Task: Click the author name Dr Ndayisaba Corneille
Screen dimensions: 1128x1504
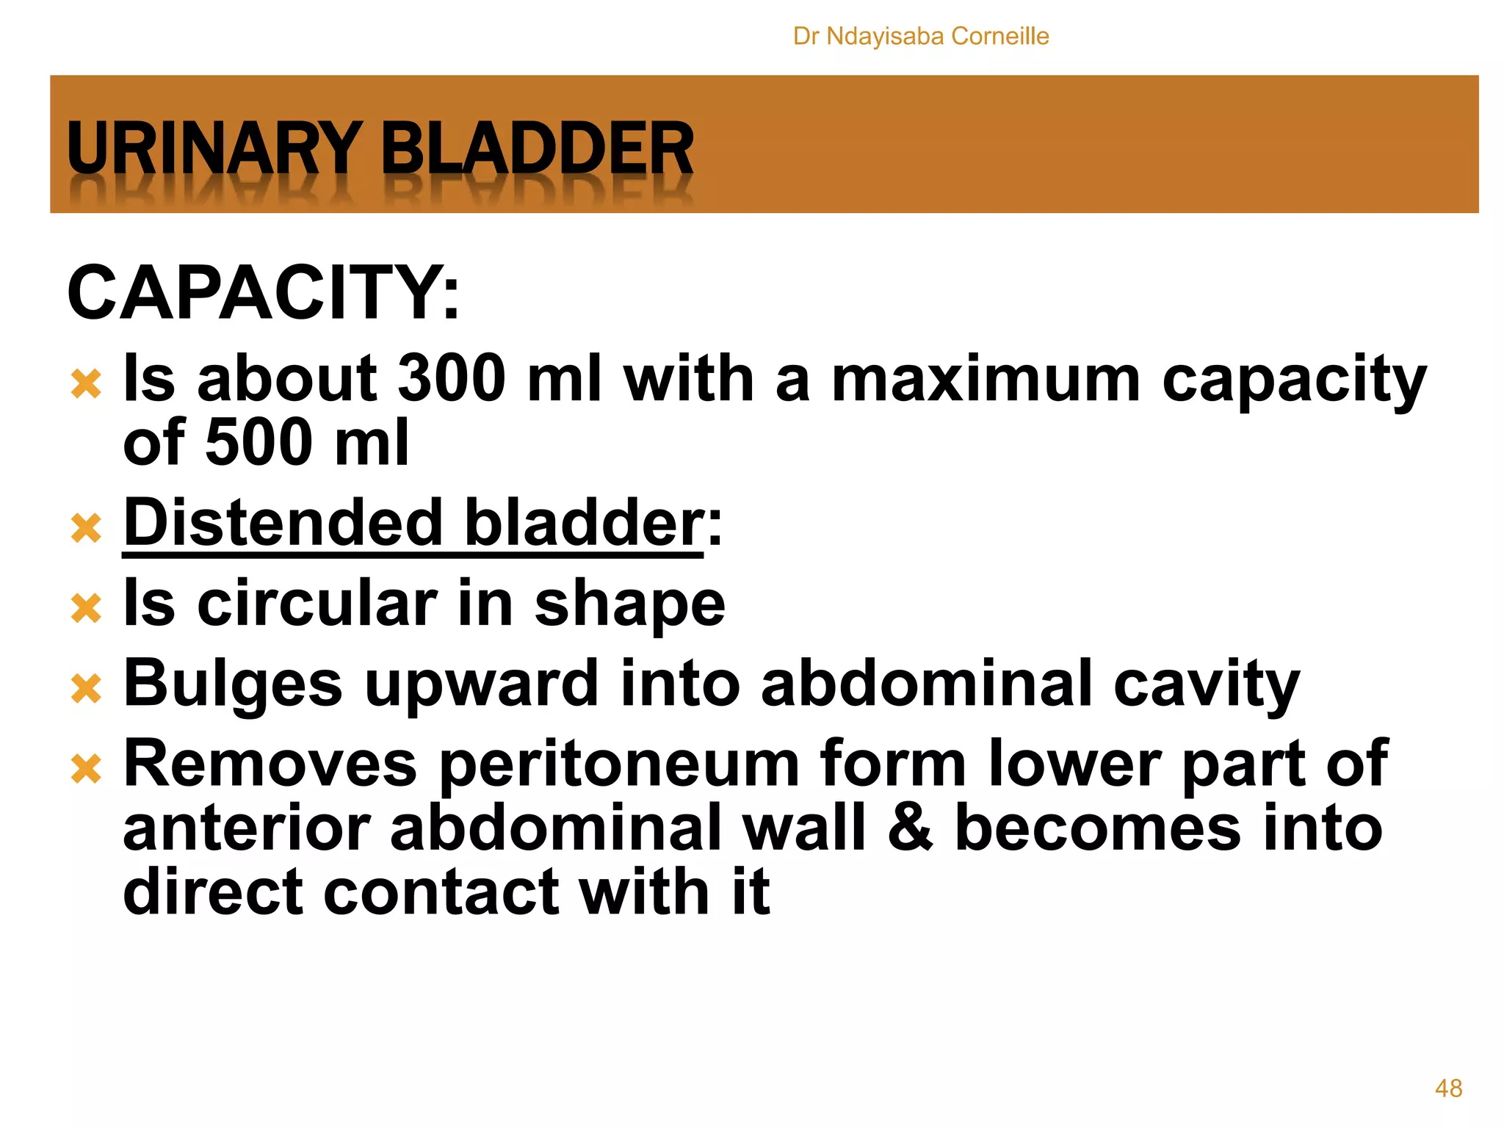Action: pyautogui.click(x=921, y=36)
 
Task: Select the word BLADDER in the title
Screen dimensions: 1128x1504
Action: pyautogui.click(x=537, y=148)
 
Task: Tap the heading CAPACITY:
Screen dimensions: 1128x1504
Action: pyautogui.click(x=263, y=293)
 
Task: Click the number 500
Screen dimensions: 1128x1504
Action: pyautogui.click(x=259, y=442)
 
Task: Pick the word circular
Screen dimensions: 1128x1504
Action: pyautogui.click(x=318, y=603)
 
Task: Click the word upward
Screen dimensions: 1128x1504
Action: pyautogui.click(x=481, y=684)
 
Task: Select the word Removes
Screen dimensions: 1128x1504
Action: pyautogui.click(x=270, y=764)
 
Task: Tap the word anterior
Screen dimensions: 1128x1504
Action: pyautogui.click(x=246, y=828)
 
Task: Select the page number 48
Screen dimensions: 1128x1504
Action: pyautogui.click(x=1448, y=1088)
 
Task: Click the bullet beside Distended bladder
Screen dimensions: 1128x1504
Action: pyautogui.click(x=87, y=528)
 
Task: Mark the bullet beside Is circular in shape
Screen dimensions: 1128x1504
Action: pyautogui.click(x=87, y=609)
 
